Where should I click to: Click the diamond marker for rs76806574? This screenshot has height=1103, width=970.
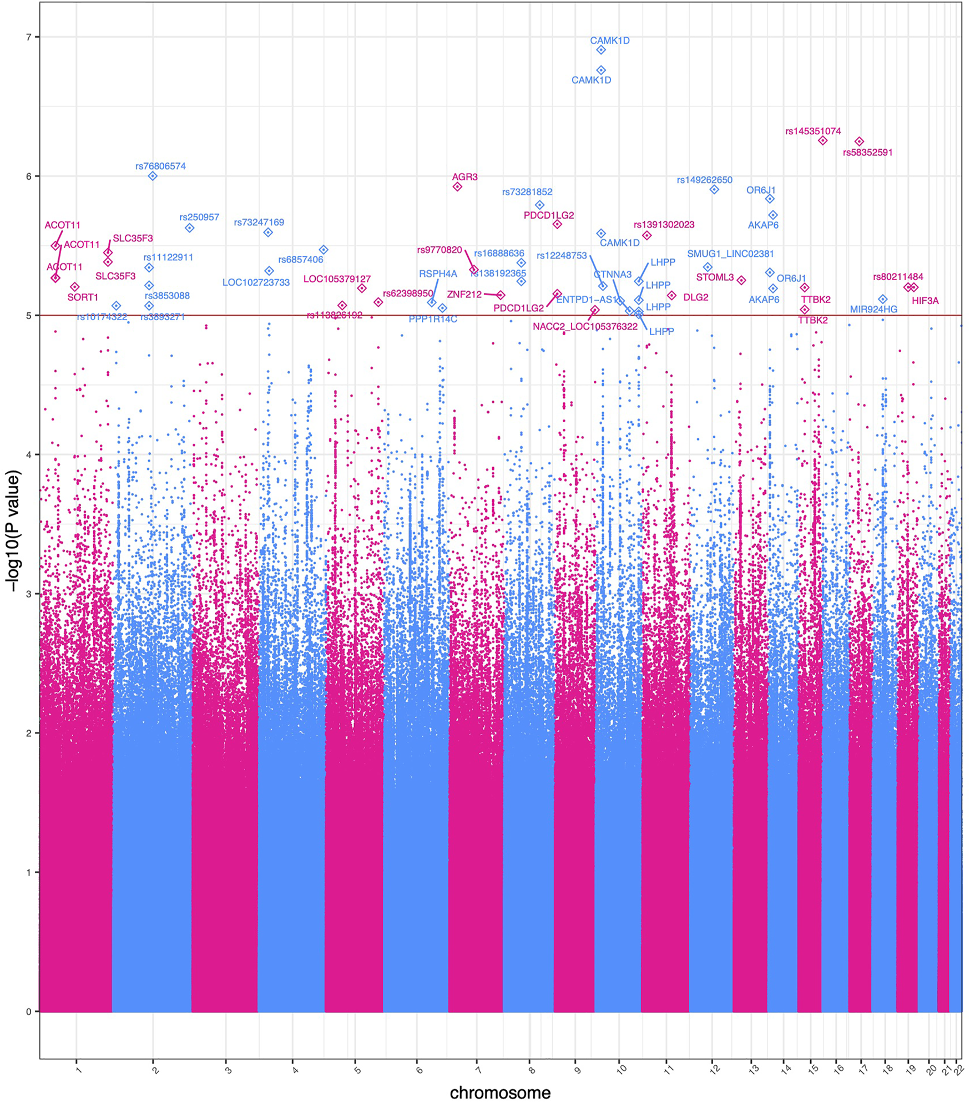(x=153, y=176)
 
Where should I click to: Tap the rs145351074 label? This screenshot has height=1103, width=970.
(x=813, y=131)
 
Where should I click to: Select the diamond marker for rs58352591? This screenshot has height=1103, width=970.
(x=859, y=141)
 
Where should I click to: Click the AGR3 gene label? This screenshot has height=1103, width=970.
(x=464, y=177)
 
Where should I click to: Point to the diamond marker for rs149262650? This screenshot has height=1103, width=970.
(x=714, y=190)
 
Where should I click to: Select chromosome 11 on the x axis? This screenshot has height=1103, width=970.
(x=669, y=1069)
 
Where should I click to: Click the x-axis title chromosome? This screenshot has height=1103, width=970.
(x=500, y=1092)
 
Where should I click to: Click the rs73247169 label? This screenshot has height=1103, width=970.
(x=259, y=222)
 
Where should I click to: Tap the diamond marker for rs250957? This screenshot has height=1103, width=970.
(x=189, y=228)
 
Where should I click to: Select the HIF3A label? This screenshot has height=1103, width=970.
(x=925, y=301)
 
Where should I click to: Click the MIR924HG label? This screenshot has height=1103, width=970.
(x=873, y=310)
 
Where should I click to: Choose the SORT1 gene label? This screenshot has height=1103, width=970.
(x=83, y=297)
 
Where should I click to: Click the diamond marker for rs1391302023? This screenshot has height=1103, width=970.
(x=647, y=236)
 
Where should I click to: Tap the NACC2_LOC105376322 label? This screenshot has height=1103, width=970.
(x=585, y=327)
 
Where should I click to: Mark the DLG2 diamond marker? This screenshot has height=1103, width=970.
(x=671, y=296)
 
